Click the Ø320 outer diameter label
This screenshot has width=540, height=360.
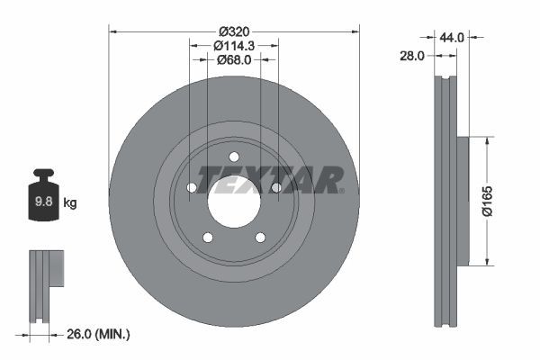click(234, 29)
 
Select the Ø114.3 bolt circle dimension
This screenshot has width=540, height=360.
click(234, 44)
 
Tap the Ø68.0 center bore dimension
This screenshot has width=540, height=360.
click(234, 60)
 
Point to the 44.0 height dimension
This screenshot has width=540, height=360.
click(451, 37)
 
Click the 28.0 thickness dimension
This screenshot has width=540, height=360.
click(411, 56)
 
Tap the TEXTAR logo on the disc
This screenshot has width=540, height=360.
click(270, 179)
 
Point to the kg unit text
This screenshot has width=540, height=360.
click(69, 202)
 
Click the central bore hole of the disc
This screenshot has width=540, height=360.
click(234, 201)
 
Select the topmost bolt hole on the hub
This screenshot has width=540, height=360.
click(234, 157)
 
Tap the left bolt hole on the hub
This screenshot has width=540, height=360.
click(192, 187)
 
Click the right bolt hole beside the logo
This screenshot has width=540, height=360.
click(276, 187)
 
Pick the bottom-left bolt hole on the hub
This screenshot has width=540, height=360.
click(208, 238)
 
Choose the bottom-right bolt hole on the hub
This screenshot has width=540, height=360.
click(260, 238)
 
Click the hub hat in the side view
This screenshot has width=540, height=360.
click(463, 201)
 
